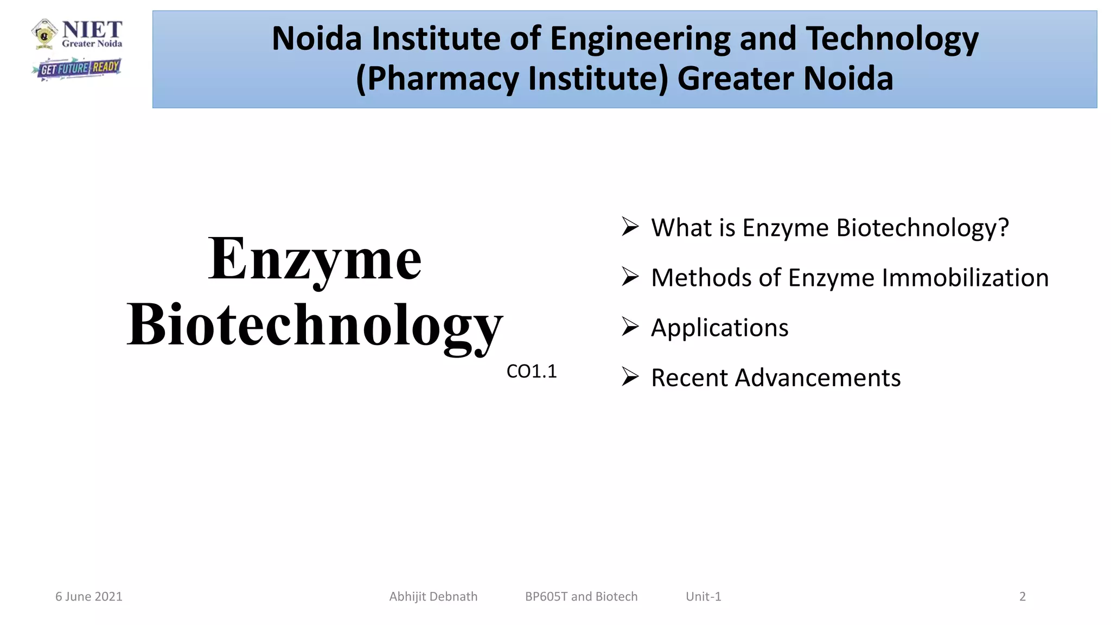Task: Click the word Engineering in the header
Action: point(640,39)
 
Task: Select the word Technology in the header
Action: point(892,39)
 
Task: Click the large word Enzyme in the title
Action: point(315,259)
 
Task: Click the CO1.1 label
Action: point(531,372)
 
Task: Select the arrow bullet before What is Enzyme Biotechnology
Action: point(630,226)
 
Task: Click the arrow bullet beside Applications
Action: point(630,327)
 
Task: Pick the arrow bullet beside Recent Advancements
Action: point(630,377)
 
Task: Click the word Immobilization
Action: point(965,278)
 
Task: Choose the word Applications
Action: point(719,328)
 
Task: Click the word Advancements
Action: point(818,378)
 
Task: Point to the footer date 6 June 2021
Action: point(89,596)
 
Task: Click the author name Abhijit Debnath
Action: point(433,596)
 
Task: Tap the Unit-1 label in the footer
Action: point(703,596)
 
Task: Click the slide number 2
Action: point(1023,596)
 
